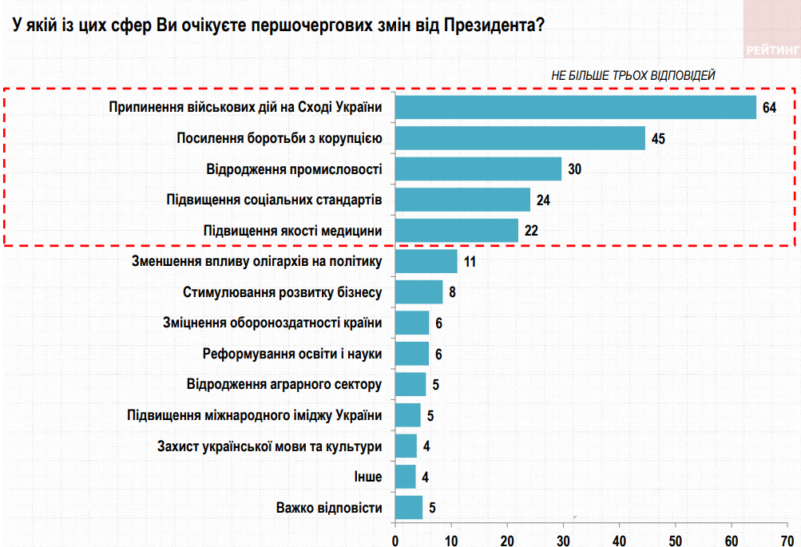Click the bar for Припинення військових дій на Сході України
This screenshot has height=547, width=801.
tap(575, 107)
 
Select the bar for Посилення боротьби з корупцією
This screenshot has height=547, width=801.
tap(520, 138)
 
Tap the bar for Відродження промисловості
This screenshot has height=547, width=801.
tap(478, 169)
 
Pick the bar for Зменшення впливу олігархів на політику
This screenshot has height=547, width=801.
tap(426, 261)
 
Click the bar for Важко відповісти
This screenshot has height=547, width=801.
tap(409, 507)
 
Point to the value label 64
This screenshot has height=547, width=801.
tap(769, 108)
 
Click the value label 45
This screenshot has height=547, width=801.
tap(658, 139)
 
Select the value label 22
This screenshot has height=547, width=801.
tap(531, 231)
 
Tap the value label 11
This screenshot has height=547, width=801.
tap(470, 262)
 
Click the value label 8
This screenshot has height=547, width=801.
tap(452, 292)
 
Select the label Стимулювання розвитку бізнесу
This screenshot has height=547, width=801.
tap(283, 292)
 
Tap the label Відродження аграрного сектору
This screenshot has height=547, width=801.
tap(284, 384)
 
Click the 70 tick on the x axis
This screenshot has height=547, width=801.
tap(787, 540)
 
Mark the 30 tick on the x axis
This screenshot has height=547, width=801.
tap(563, 540)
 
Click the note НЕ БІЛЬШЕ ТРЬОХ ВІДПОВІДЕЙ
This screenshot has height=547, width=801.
tap(633, 75)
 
